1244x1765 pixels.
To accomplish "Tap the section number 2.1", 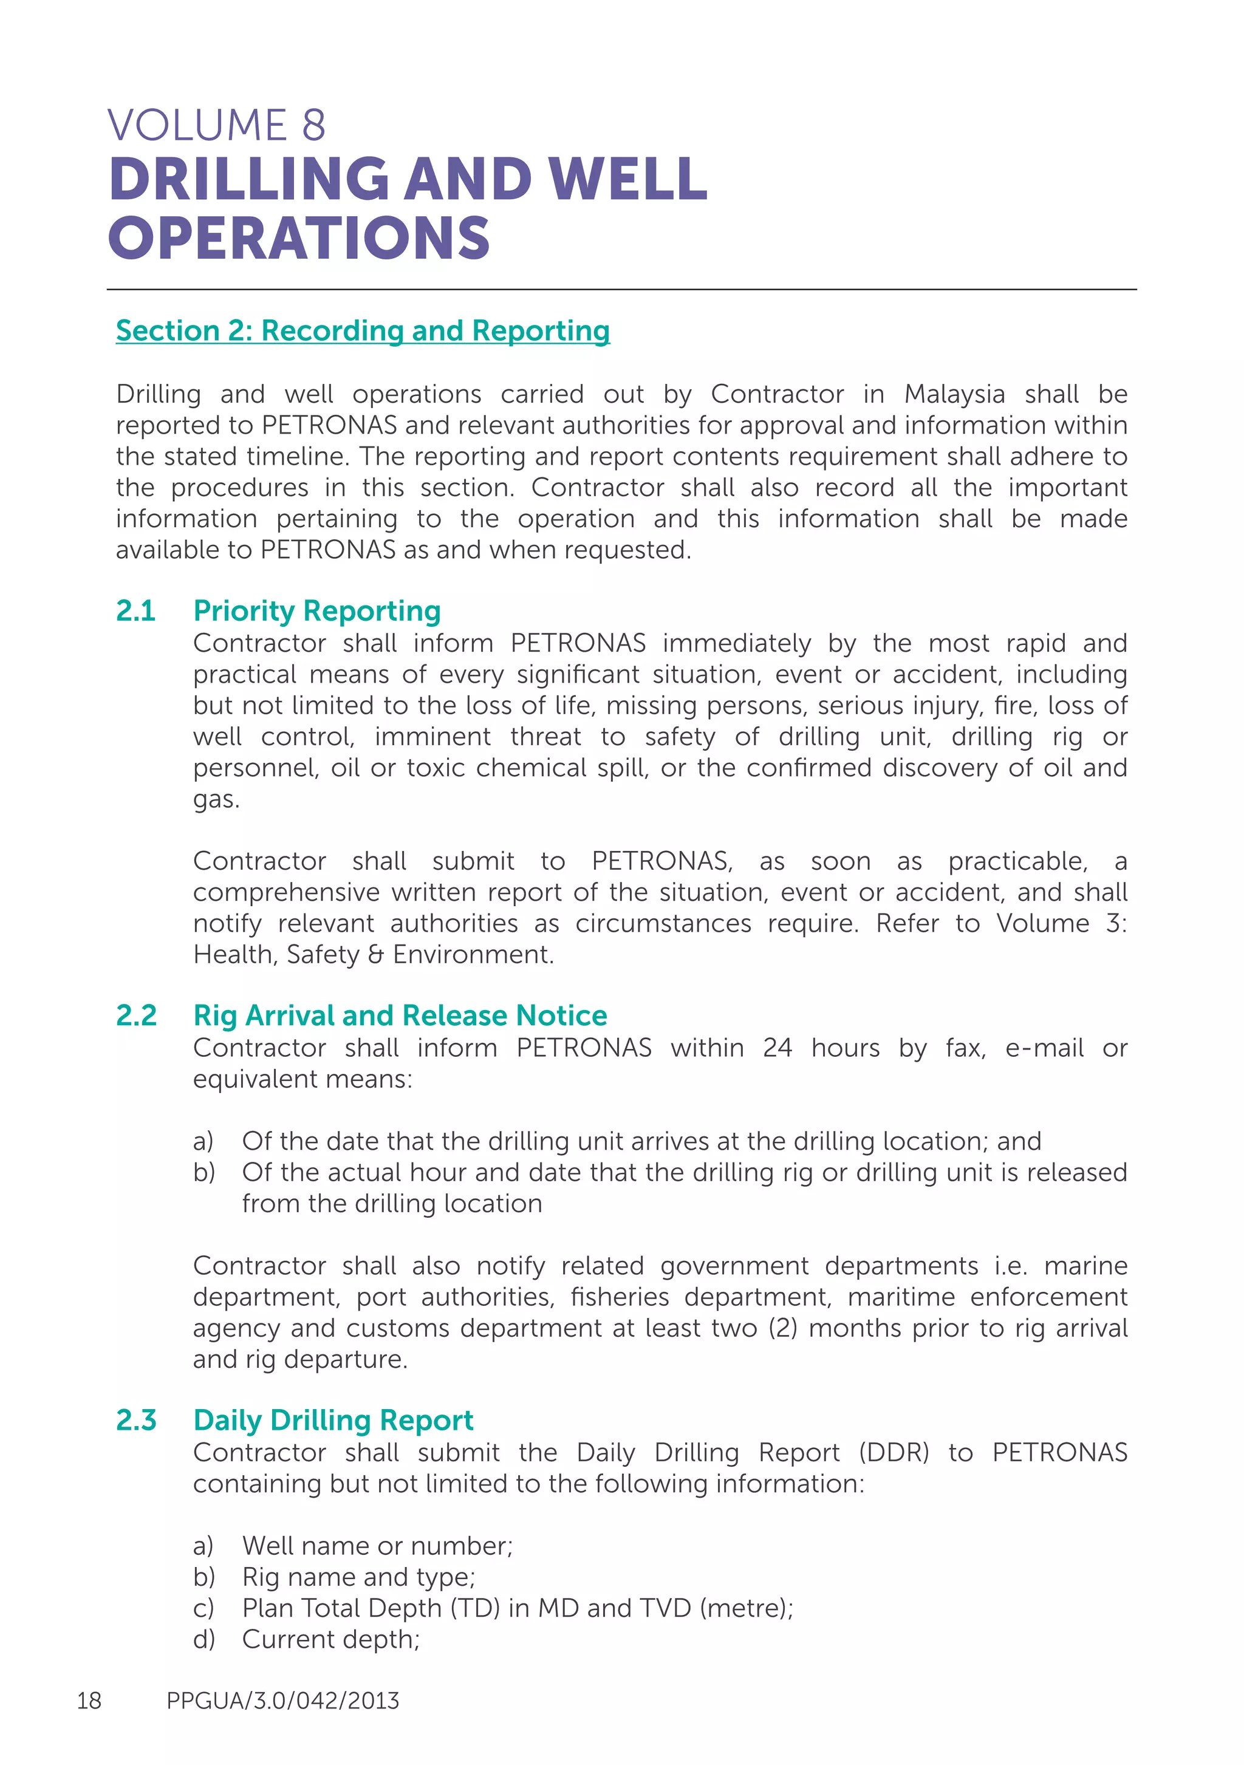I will point(135,610).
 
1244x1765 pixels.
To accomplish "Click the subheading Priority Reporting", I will point(316,610).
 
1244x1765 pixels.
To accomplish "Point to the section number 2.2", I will point(136,1016).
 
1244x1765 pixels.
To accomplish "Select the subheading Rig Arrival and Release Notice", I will point(400,1016).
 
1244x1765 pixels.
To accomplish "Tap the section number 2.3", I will point(136,1420).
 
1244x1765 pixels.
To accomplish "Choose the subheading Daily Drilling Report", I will point(333,1420).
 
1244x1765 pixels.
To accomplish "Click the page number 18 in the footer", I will point(89,1701).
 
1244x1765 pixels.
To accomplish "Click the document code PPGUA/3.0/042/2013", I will point(282,1701).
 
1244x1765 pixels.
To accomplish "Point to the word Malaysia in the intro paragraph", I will point(954,394).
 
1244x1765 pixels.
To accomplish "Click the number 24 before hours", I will point(777,1048).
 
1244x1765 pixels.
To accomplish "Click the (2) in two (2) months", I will point(783,1328).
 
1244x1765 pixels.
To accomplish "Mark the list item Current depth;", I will point(330,1639).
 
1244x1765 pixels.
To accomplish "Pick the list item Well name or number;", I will point(377,1545).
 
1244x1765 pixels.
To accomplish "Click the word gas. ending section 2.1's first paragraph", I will point(216,799).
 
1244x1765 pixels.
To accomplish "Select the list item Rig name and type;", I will point(358,1577).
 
